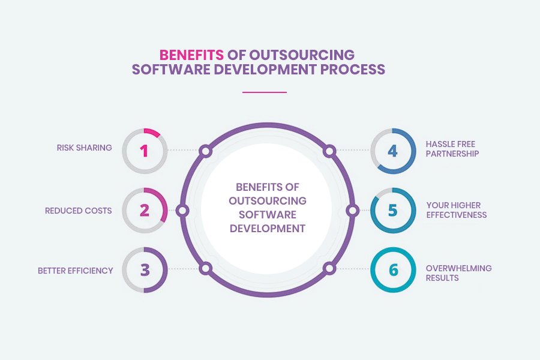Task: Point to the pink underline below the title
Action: point(265,92)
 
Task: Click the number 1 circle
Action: point(145,150)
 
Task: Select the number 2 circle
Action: point(145,211)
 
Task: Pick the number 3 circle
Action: point(145,270)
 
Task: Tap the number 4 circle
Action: point(392,150)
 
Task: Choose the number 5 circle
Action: point(392,211)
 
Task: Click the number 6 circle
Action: point(392,270)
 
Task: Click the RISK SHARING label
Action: point(85,148)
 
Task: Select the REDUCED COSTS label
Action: point(79,211)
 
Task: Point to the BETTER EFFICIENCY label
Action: point(76,271)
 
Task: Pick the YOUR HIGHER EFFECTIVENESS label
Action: point(456,210)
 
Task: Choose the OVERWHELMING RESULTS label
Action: point(458,273)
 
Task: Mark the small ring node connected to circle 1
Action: point(205,151)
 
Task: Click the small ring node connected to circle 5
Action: point(353,211)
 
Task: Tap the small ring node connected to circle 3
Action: point(205,269)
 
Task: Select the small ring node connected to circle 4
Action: point(329,151)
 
